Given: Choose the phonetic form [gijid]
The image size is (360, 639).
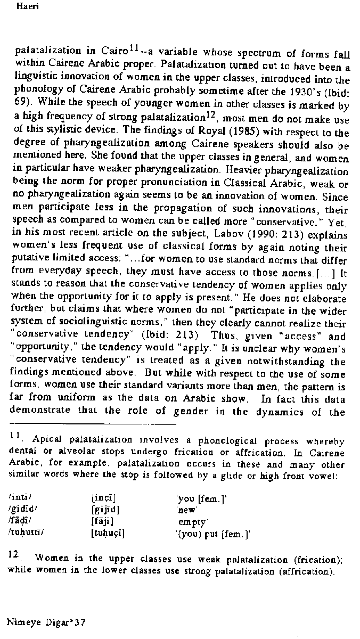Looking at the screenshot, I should [x=105, y=509].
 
